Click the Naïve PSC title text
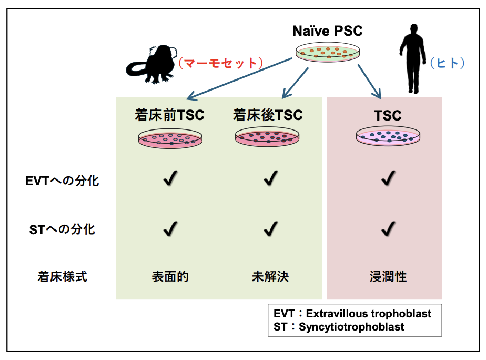328,31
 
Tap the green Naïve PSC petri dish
328,52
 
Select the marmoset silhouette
151,65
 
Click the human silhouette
412,58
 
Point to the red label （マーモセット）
220,63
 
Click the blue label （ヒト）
447,63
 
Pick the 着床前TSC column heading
169,115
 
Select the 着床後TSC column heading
268,115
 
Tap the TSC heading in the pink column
388,116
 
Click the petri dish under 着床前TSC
170,138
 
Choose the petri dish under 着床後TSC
267,137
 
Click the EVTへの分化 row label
62,181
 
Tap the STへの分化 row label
62,229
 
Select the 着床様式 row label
62,276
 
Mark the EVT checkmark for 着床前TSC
170,178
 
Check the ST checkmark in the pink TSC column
388,229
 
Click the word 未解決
270,276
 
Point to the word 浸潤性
388,276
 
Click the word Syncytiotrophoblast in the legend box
351,327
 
